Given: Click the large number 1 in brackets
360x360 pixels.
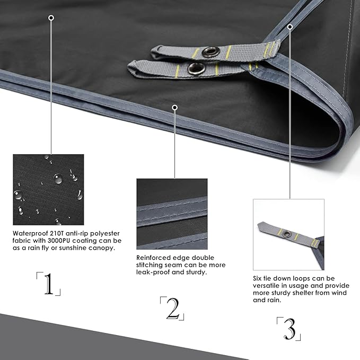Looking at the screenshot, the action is click(x=49, y=284).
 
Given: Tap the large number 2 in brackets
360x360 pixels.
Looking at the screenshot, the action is click(x=173, y=309).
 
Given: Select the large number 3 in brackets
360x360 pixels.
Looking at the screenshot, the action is click(x=289, y=329).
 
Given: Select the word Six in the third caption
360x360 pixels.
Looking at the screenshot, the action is click(x=258, y=278).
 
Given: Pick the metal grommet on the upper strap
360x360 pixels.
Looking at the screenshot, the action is click(x=210, y=51).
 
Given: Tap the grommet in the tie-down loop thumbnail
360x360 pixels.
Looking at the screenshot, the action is click(x=286, y=234).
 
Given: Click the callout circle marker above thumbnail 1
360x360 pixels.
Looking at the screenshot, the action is click(x=51, y=18).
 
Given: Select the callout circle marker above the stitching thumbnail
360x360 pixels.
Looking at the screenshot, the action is click(x=175, y=108).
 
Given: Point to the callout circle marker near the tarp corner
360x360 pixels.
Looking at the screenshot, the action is click(x=290, y=27).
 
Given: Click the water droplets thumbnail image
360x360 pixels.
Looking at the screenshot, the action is click(x=48, y=190).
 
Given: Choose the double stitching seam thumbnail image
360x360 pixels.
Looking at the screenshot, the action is click(x=172, y=214).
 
